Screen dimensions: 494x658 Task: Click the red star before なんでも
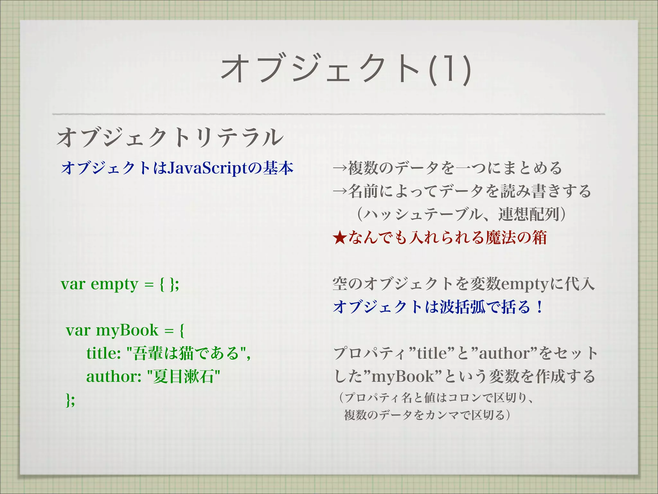pos(340,238)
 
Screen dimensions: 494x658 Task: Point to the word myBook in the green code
pos(127,330)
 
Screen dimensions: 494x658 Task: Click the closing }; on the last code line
pos(70,400)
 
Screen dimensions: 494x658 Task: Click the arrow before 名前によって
pos(340,191)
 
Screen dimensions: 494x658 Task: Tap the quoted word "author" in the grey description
pos(504,353)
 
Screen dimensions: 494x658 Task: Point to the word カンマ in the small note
pos(440,415)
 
